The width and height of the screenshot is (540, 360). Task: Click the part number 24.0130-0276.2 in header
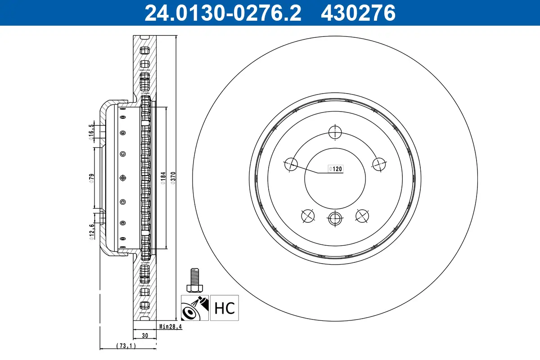click(x=222, y=13)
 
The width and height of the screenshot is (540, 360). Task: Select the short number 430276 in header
click(x=358, y=13)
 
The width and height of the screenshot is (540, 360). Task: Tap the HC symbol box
click(x=225, y=308)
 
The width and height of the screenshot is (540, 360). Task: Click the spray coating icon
click(x=195, y=308)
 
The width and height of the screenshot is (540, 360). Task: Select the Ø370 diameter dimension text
click(x=173, y=178)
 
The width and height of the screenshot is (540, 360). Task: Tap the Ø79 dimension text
click(x=91, y=178)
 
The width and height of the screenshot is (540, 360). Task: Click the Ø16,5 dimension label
click(x=91, y=132)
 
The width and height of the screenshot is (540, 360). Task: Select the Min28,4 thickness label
click(x=170, y=327)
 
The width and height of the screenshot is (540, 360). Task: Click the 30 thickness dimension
click(x=145, y=335)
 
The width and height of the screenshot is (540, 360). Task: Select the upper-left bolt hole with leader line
click(x=291, y=165)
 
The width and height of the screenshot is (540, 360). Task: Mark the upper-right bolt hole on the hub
click(x=380, y=165)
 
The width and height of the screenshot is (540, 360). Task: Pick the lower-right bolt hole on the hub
click(x=363, y=216)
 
